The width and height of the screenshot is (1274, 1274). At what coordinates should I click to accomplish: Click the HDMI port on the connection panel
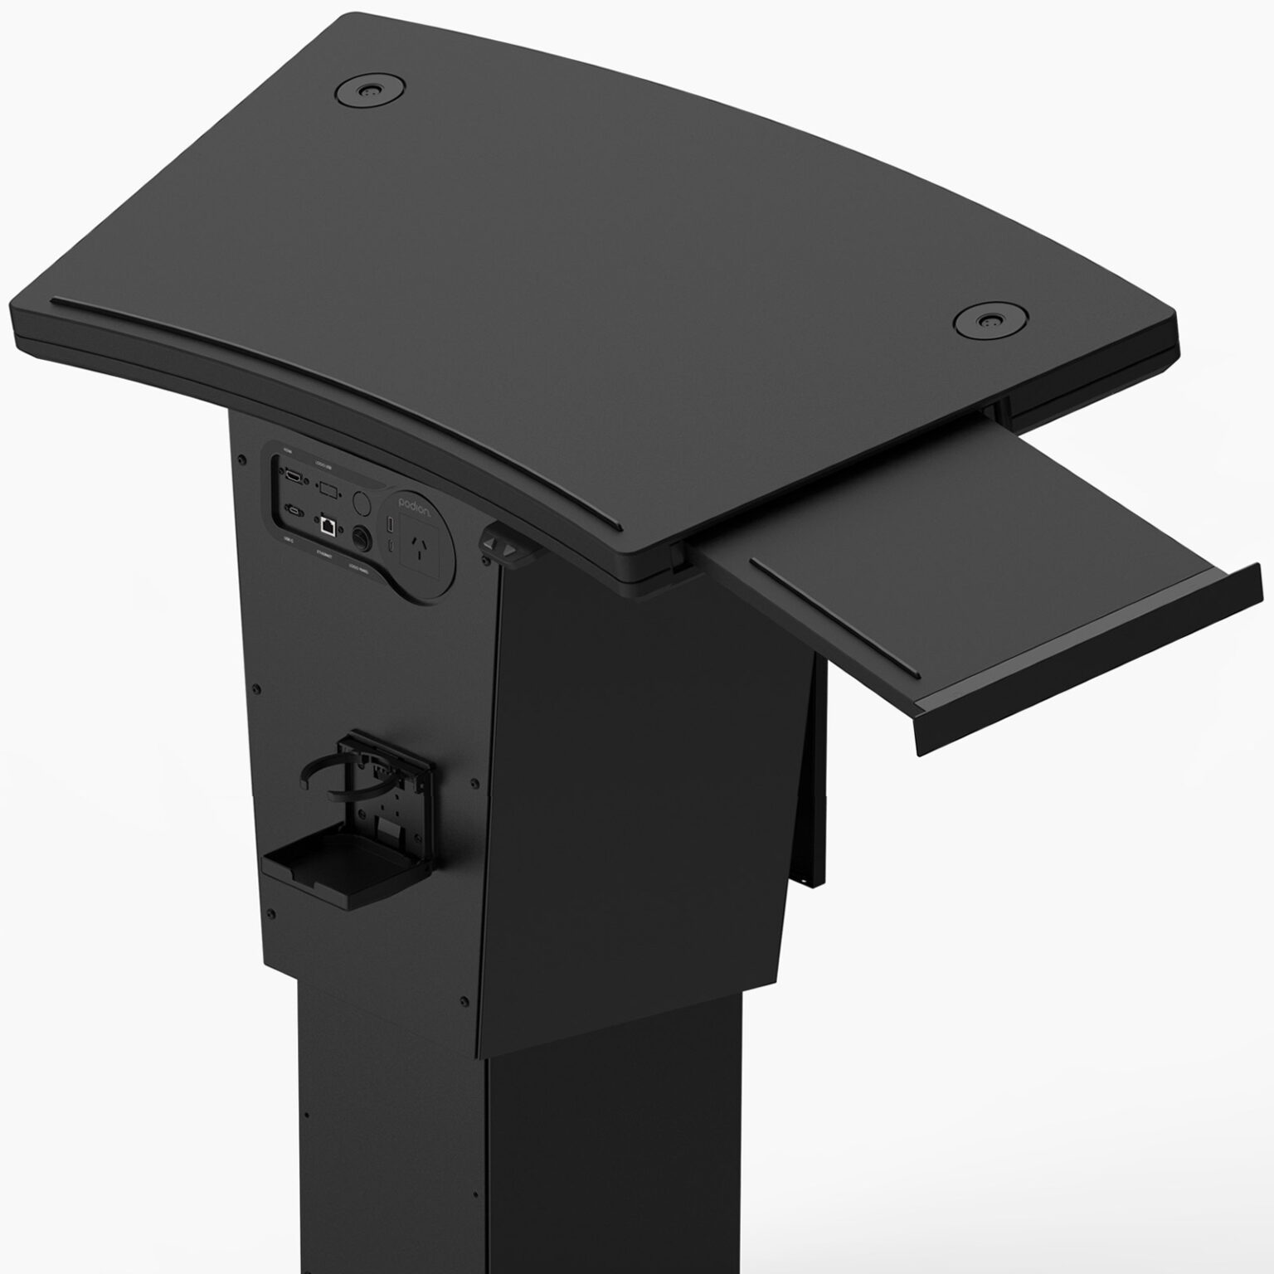tap(294, 477)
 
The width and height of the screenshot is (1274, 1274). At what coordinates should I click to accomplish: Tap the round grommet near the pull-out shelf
tap(987, 320)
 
